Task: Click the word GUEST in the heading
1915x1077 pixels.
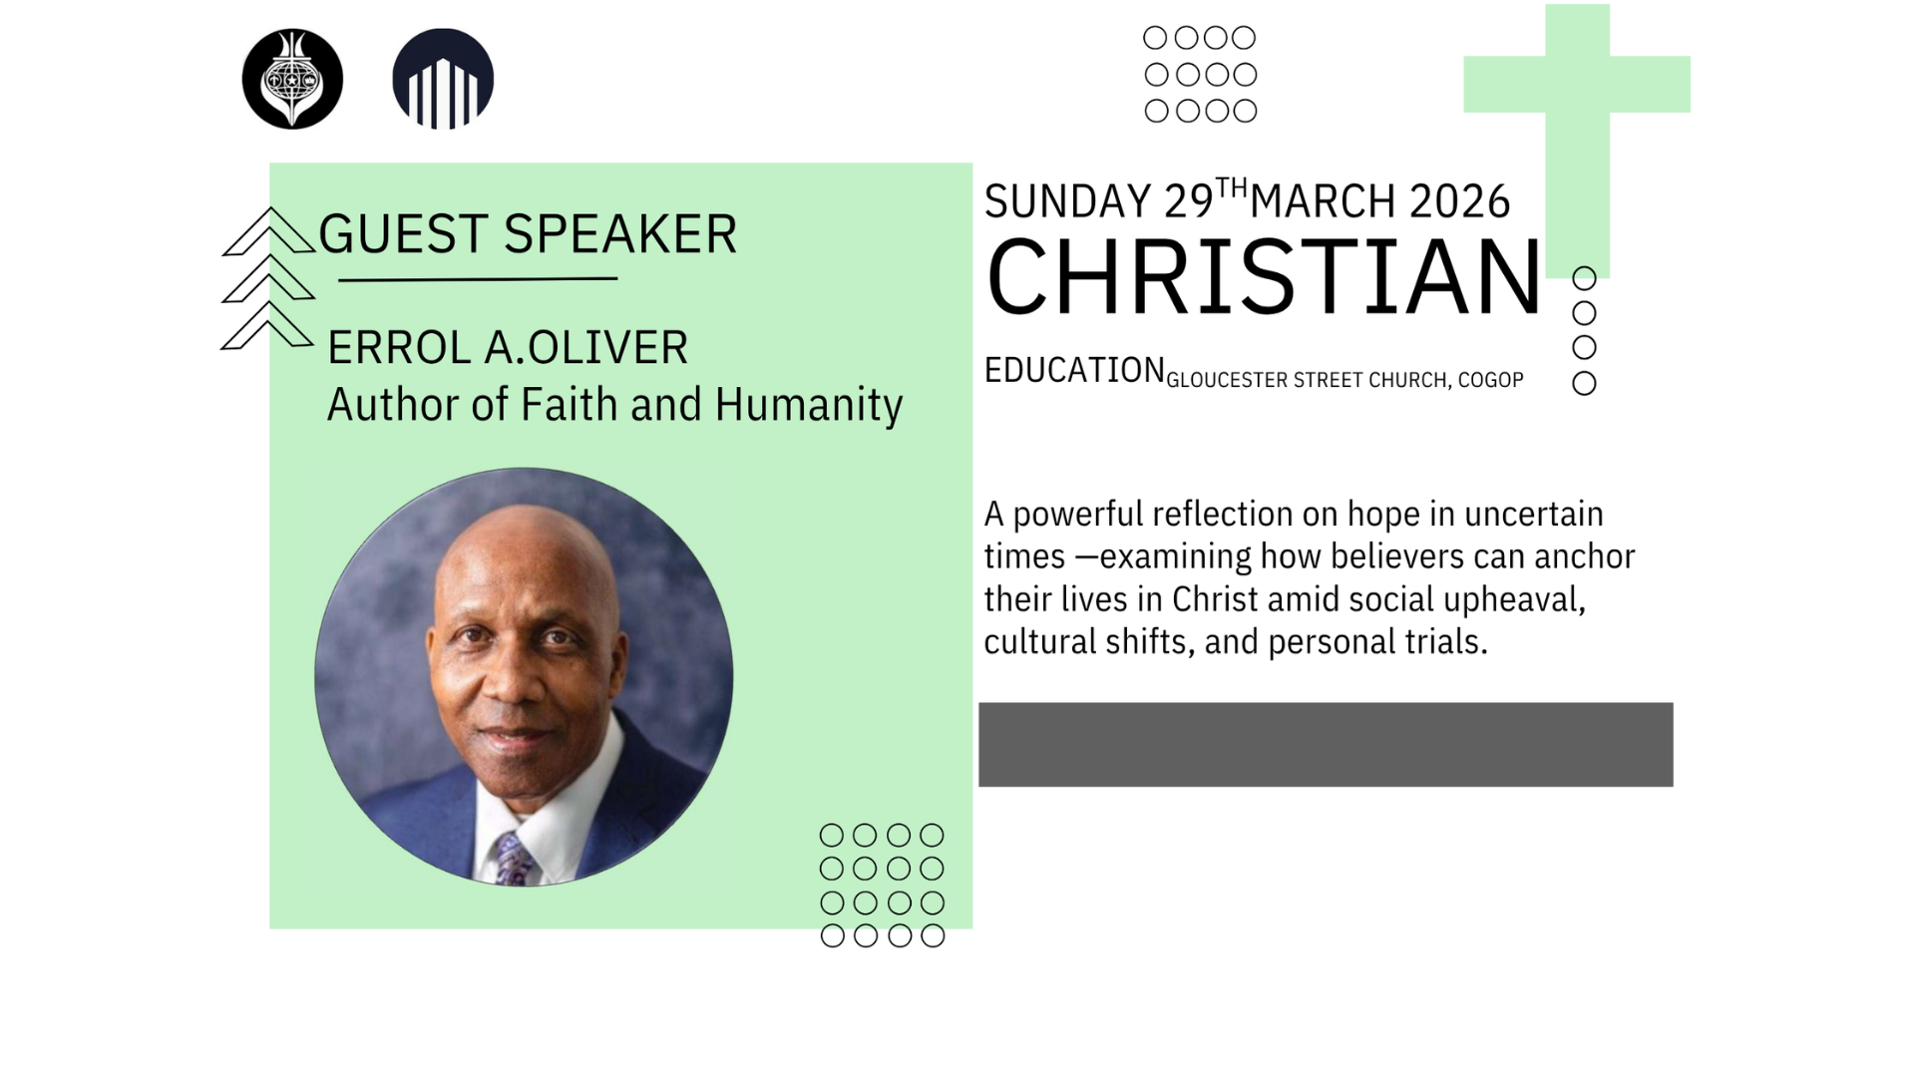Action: pos(404,234)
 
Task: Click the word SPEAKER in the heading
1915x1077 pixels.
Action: pos(620,234)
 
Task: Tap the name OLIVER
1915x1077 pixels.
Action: pos(607,348)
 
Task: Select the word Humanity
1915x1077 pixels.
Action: pos(809,406)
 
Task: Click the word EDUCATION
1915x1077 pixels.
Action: pos(1075,370)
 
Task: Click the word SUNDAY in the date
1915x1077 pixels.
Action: pos(1068,201)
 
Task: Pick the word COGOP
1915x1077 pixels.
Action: pos(1491,380)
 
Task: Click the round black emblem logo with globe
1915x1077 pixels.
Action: pos(292,79)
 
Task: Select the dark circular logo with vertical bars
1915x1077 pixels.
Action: pos(443,79)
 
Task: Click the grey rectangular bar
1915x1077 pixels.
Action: pos(1326,745)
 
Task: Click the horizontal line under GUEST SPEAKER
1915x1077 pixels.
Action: pos(478,280)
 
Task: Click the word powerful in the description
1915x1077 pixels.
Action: pos(1078,516)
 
